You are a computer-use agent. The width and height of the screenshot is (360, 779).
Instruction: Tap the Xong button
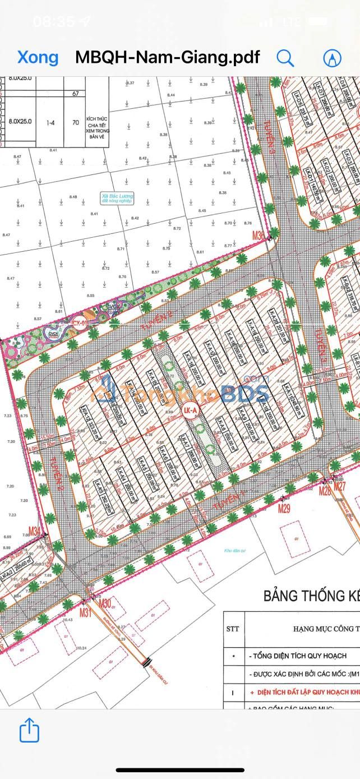click(x=38, y=57)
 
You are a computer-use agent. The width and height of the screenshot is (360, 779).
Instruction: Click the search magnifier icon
click(x=285, y=57)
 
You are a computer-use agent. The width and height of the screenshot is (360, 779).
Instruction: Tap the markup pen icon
click(x=333, y=57)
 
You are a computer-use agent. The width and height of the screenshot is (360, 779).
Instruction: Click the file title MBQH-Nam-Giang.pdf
click(x=167, y=57)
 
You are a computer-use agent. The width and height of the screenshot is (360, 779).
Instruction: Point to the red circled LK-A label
click(x=191, y=411)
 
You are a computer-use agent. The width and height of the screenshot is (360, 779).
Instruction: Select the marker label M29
click(x=285, y=509)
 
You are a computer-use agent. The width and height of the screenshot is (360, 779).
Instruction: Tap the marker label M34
click(x=35, y=531)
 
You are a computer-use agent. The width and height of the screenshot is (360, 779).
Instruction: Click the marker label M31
click(x=85, y=613)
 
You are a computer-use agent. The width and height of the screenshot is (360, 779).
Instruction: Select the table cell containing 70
click(x=75, y=121)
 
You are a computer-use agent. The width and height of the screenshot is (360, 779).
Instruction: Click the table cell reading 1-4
click(x=51, y=121)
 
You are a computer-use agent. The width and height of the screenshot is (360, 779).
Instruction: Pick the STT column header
click(x=233, y=628)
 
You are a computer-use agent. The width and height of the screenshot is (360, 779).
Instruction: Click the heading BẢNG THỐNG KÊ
click(x=311, y=596)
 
